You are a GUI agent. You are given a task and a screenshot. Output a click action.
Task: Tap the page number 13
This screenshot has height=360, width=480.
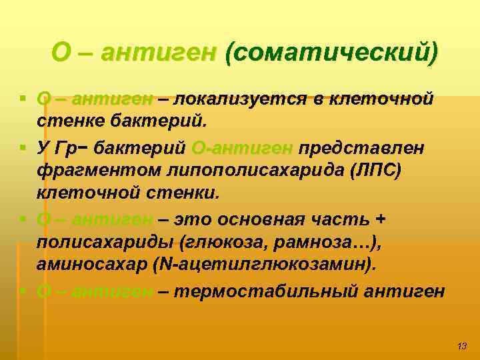tap(462, 345)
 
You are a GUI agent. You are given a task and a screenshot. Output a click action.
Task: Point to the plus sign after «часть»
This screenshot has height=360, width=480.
tap(381, 219)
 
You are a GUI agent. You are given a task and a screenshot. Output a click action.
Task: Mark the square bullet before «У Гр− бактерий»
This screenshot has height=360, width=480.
tap(24, 146)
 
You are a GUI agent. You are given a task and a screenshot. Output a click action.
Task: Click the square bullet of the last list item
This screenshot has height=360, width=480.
tap(24, 291)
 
